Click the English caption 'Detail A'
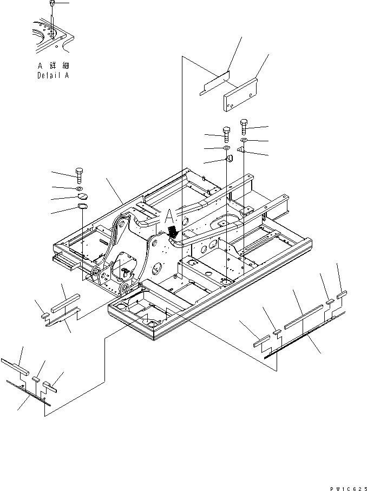pyautogui.click(x=53, y=76)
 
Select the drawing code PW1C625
pyautogui.click(x=346, y=486)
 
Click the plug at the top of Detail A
pyautogui.click(x=52, y=4)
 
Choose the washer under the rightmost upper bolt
pyautogui.click(x=244, y=141)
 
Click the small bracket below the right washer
pyautogui.click(x=241, y=150)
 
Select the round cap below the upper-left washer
pyautogui.click(x=228, y=159)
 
